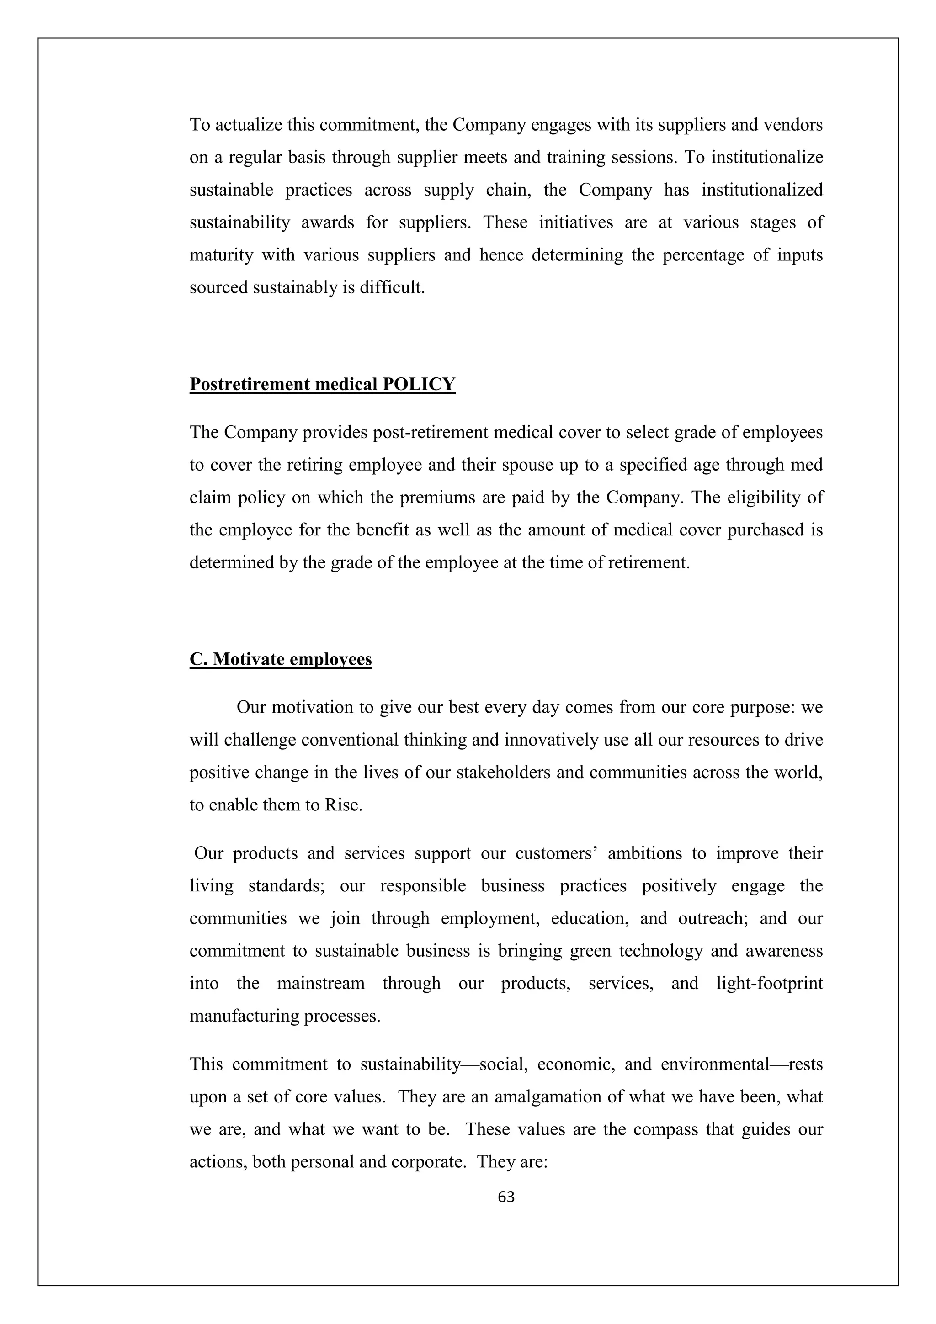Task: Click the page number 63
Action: point(506,1197)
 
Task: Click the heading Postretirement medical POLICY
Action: point(322,384)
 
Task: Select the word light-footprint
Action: point(769,983)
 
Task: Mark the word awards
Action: point(328,222)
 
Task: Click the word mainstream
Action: point(321,983)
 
